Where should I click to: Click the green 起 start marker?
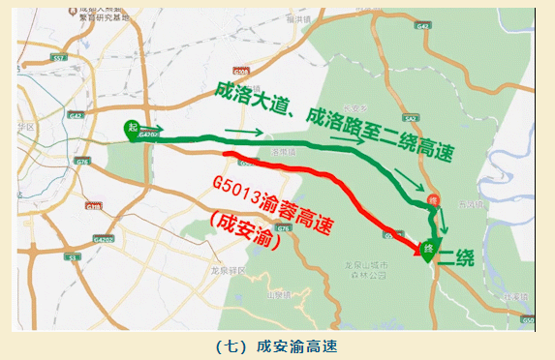[132, 129]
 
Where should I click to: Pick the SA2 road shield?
[411, 118]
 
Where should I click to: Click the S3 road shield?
[71, 257]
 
